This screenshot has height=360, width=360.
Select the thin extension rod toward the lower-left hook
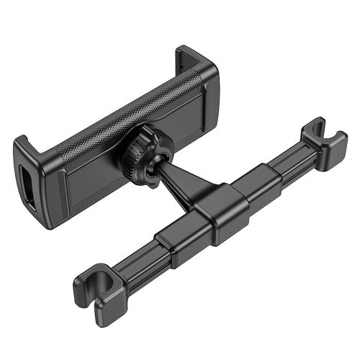pos(137,259)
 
